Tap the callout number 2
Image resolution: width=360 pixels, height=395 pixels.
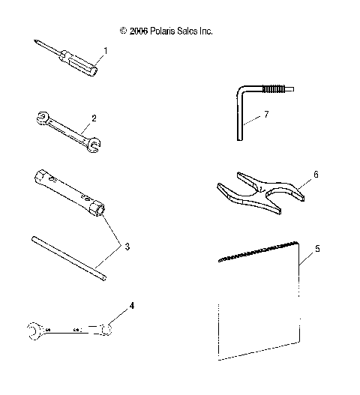click(93, 118)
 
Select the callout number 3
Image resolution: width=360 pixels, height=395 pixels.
click(127, 247)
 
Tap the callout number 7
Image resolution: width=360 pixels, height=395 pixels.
click(265, 114)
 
